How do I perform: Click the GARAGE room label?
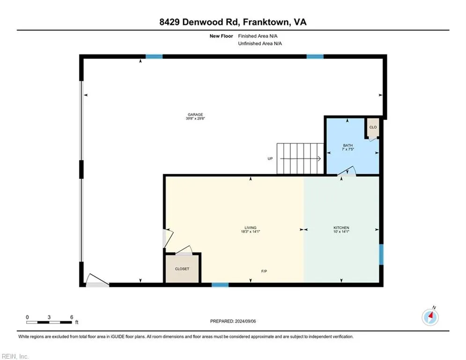click(x=195, y=114)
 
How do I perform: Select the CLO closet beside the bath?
click(x=373, y=127)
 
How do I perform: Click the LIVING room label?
click(x=250, y=228)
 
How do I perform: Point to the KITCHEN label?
click(x=341, y=228)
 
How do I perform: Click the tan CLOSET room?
click(x=182, y=269)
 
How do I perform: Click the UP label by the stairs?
click(x=270, y=159)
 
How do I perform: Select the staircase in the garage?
click(x=300, y=158)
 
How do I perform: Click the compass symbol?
click(x=430, y=317)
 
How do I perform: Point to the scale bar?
click(x=49, y=322)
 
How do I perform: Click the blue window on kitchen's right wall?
click(x=381, y=254)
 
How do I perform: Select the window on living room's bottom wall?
click(x=220, y=285)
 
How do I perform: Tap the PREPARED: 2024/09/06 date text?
click(x=232, y=321)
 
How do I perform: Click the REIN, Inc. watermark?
click(x=15, y=356)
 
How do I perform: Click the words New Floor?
click(x=222, y=36)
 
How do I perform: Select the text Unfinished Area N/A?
click(x=260, y=43)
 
